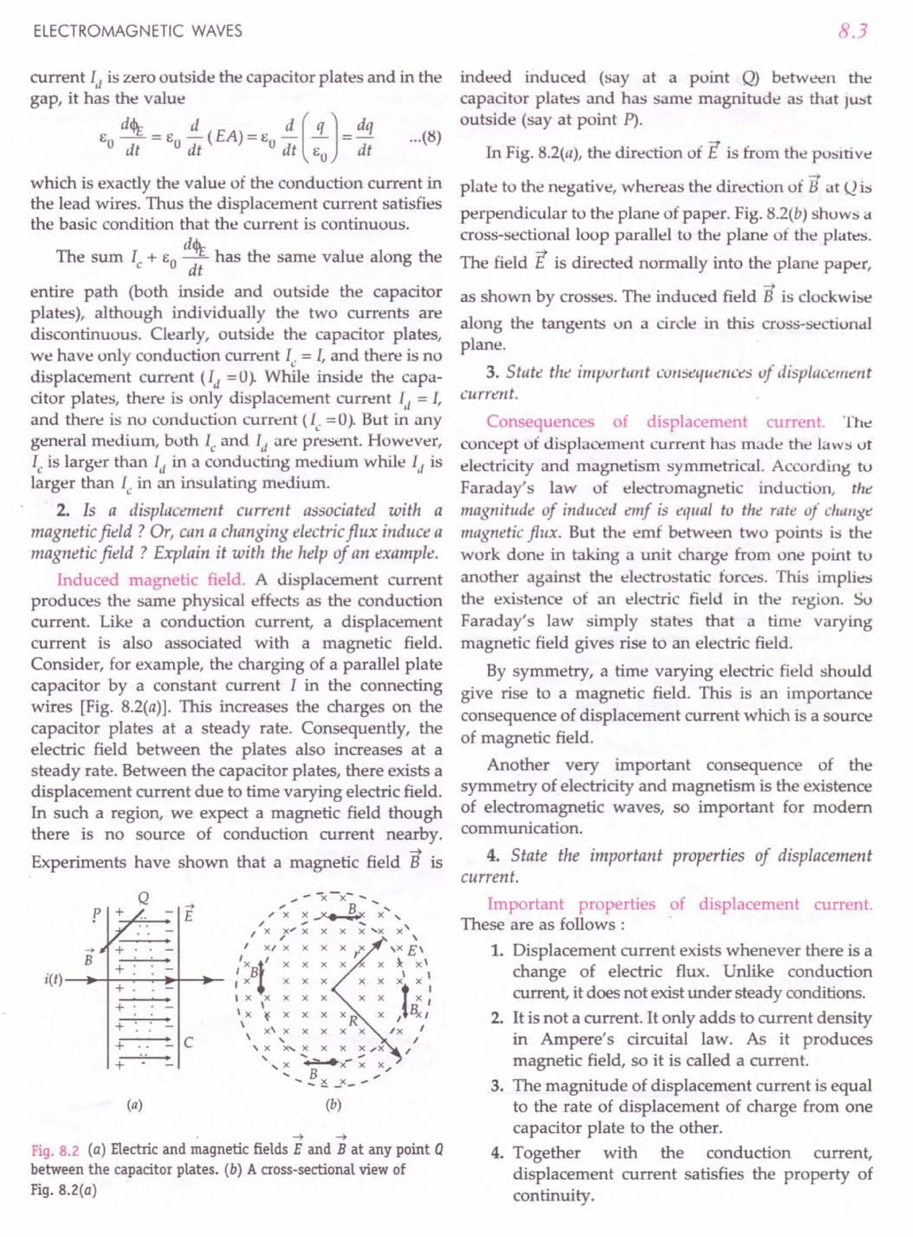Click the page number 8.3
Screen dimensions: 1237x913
(x=853, y=31)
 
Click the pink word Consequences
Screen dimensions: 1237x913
(x=540, y=422)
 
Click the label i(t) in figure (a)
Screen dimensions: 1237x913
(x=53, y=980)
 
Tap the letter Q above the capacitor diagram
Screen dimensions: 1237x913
(x=144, y=898)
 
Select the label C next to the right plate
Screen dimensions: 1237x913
(x=189, y=1043)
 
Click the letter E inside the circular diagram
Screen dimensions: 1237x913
(x=412, y=952)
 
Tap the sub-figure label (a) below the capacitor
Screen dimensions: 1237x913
(x=134, y=1105)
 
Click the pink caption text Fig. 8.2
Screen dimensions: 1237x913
(x=55, y=1151)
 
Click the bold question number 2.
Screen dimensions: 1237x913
(x=62, y=510)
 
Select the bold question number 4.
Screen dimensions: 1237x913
(x=494, y=856)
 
